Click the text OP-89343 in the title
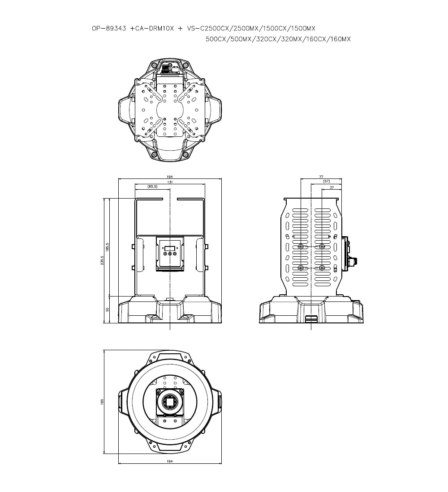pyautogui.click(x=109, y=28)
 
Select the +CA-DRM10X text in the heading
pyautogui.click(x=152, y=28)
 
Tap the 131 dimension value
pyautogui.click(x=170, y=182)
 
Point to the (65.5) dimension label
pyautogui.click(x=152, y=187)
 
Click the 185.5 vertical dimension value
pyautogui.click(x=108, y=247)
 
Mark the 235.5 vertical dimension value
pyautogui.click(x=102, y=260)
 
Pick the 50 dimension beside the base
pyautogui.click(x=108, y=310)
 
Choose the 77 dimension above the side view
pyautogui.click(x=321, y=177)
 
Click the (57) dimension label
pyautogui.click(x=326, y=181)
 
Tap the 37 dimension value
pyautogui.click(x=332, y=187)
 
